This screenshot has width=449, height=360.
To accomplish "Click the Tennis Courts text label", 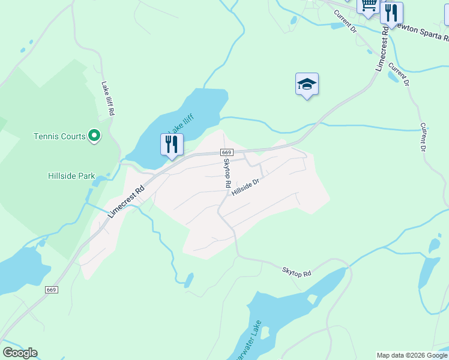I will (x=59, y=136).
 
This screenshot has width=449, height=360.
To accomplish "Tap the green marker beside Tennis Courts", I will (x=94, y=136).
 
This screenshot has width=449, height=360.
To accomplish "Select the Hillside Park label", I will (x=71, y=176).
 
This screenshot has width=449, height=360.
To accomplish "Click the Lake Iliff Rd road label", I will (x=108, y=98).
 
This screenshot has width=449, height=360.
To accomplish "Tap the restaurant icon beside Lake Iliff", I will (x=172, y=144).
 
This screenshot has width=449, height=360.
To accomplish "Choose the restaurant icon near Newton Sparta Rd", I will (x=391, y=13).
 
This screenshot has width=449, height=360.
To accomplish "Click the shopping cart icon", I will (x=368, y=5).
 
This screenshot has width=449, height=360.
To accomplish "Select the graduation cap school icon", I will (x=307, y=84).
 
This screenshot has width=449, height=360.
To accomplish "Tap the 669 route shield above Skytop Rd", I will (x=226, y=153).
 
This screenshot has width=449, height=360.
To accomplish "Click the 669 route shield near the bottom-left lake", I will (x=51, y=290).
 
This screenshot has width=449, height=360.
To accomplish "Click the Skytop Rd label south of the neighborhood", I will (x=297, y=272).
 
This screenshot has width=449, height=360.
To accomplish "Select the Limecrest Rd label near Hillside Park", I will (x=127, y=200).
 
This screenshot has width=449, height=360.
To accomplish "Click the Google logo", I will (x=20, y=353).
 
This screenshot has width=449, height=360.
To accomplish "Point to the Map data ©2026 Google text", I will (x=412, y=355).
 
